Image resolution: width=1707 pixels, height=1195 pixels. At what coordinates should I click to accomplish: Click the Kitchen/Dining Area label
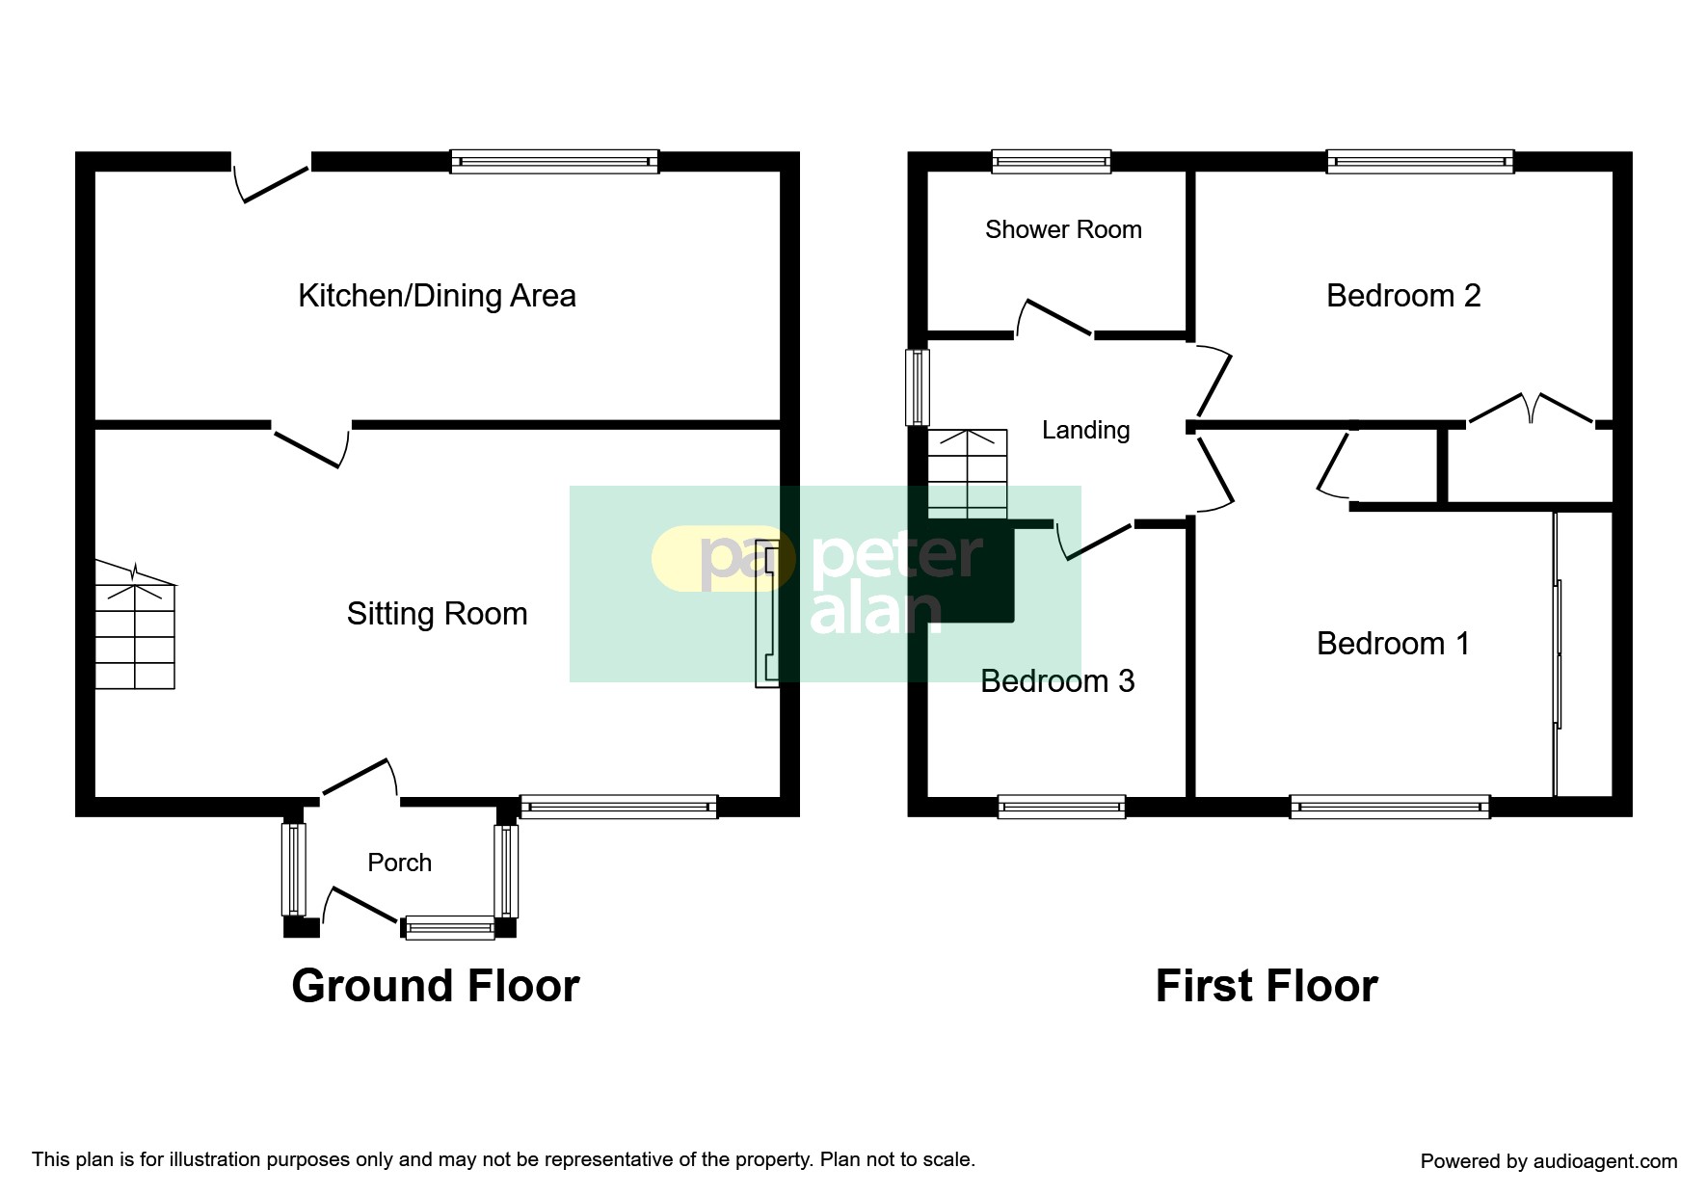(x=437, y=296)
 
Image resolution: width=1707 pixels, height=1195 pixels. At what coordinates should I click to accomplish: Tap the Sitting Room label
(x=437, y=614)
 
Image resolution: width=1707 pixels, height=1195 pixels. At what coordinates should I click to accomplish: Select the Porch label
(x=399, y=863)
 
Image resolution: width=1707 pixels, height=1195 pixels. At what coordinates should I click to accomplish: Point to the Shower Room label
(x=1063, y=229)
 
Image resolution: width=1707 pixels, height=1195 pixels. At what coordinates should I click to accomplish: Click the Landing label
(x=1085, y=430)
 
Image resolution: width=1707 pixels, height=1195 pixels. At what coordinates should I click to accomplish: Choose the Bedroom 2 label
(x=1403, y=296)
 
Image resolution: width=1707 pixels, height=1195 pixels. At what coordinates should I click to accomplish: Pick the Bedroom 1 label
(x=1393, y=644)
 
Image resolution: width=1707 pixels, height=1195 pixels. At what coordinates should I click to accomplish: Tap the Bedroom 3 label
(x=1057, y=681)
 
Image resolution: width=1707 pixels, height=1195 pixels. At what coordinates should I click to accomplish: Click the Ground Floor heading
(x=436, y=986)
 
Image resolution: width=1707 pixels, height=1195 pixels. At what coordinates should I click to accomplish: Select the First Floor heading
(x=1267, y=986)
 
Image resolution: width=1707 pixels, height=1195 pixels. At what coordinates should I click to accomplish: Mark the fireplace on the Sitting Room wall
(x=766, y=613)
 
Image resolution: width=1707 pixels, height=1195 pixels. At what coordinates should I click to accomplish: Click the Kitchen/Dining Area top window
(x=554, y=161)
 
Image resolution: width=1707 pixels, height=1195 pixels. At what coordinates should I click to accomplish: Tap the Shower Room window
(x=1052, y=161)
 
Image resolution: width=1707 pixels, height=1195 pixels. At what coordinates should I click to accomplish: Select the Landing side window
(x=917, y=387)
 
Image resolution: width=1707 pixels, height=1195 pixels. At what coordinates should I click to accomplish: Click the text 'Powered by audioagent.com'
(x=1549, y=1161)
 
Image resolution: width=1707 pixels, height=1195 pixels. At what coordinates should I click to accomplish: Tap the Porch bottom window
(x=450, y=928)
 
